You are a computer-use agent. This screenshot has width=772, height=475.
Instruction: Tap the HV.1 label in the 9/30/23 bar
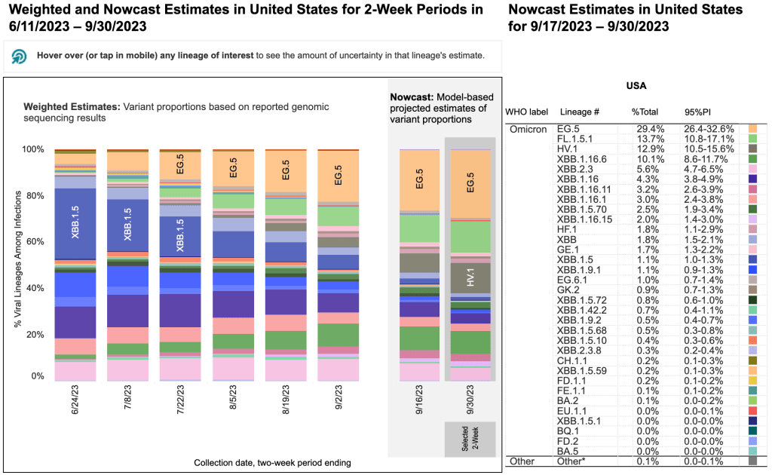click(470, 277)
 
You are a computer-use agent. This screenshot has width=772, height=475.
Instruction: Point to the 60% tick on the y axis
click(35, 243)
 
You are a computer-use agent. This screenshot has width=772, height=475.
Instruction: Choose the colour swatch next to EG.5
click(752, 130)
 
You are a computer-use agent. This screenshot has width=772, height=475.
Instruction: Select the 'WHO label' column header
click(525, 112)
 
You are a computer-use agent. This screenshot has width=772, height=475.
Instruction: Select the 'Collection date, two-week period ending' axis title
click(273, 462)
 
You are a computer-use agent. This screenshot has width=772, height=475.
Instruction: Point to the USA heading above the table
click(637, 86)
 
